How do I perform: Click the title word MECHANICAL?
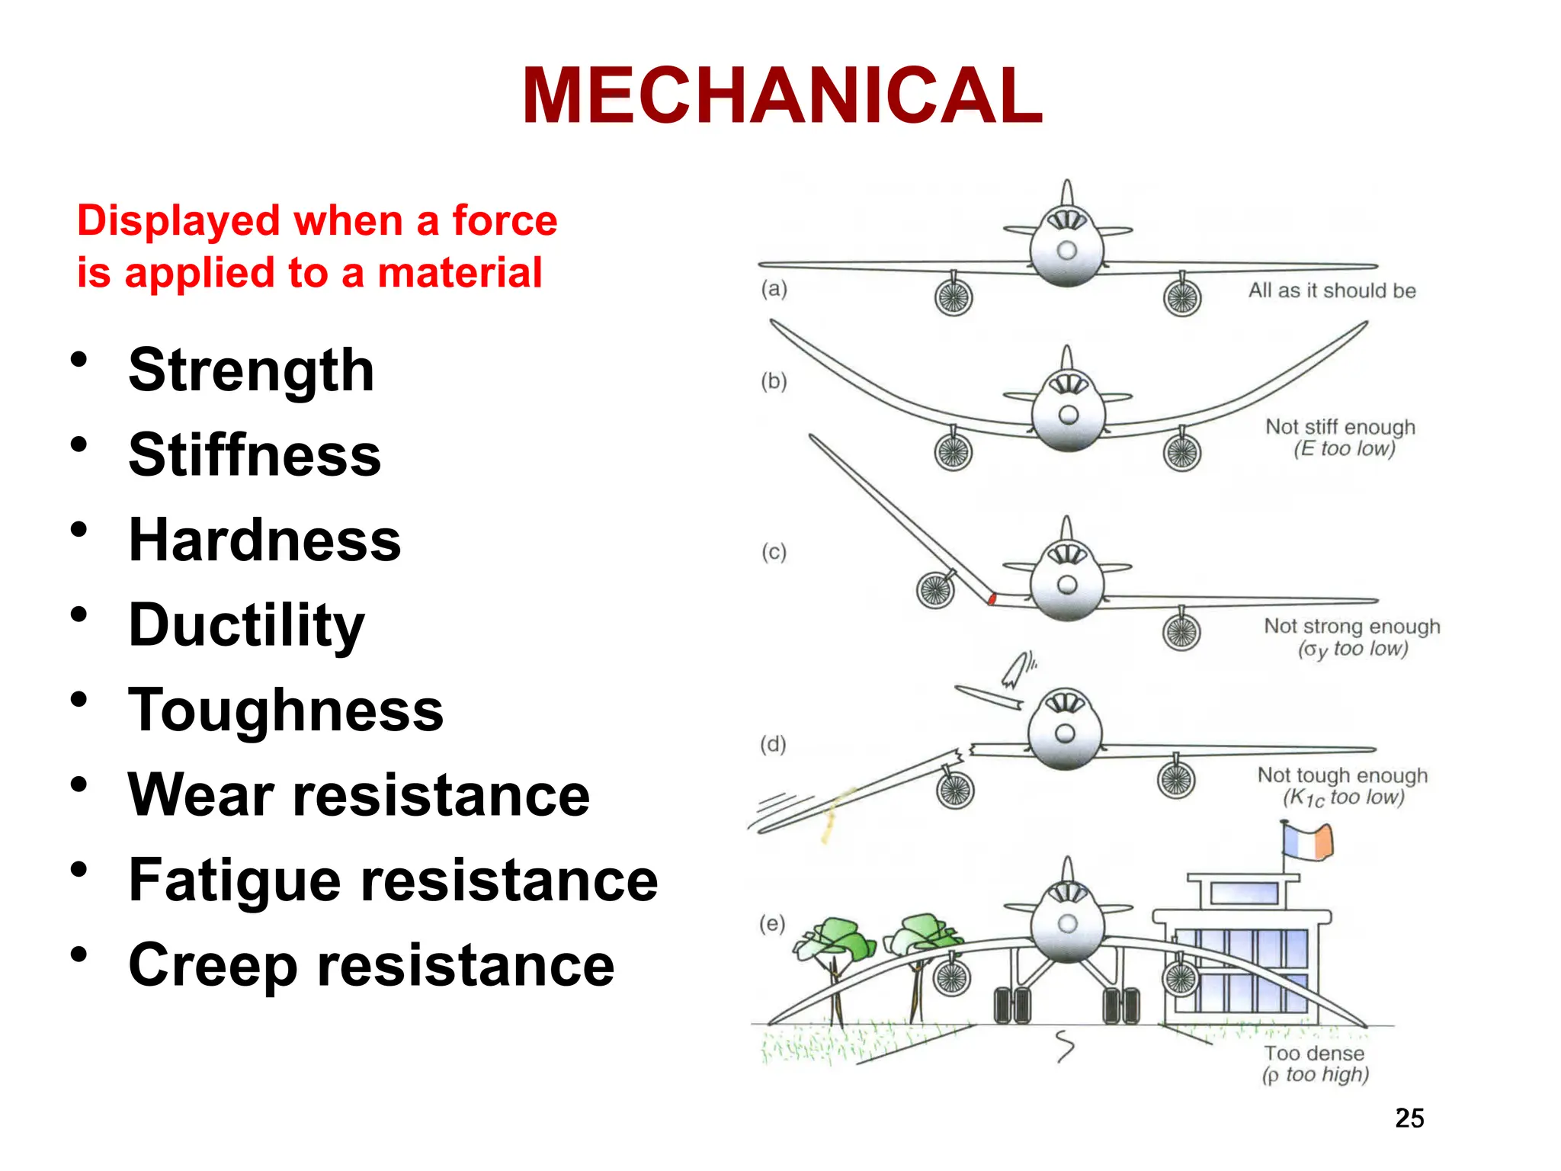[782, 96]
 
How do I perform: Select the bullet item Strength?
[251, 371]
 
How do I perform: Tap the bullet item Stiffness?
[255, 455]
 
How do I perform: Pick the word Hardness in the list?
[264, 540]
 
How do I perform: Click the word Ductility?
[246, 625]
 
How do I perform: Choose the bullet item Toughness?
[286, 710]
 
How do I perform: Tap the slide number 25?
[1409, 1118]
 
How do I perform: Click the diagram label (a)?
[774, 289]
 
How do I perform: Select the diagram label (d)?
[773, 744]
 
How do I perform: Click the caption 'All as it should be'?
[1332, 290]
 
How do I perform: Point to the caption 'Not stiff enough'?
[1340, 426]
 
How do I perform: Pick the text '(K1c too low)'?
[1343, 797]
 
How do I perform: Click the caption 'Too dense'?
[1314, 1054]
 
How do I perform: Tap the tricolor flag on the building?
[1308, 842]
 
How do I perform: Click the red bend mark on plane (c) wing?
[992, 598]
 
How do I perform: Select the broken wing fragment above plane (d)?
[989, 696]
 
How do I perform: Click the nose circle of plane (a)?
[1067, 250]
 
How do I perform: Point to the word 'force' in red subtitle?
[505, 221]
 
